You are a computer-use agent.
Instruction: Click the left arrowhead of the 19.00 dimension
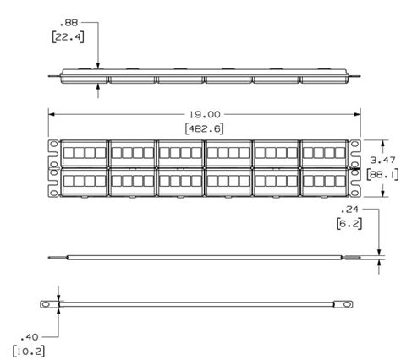(50, 112)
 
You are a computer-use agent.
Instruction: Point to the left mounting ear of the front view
(53, 168)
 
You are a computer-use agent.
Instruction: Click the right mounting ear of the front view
(355, 168)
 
